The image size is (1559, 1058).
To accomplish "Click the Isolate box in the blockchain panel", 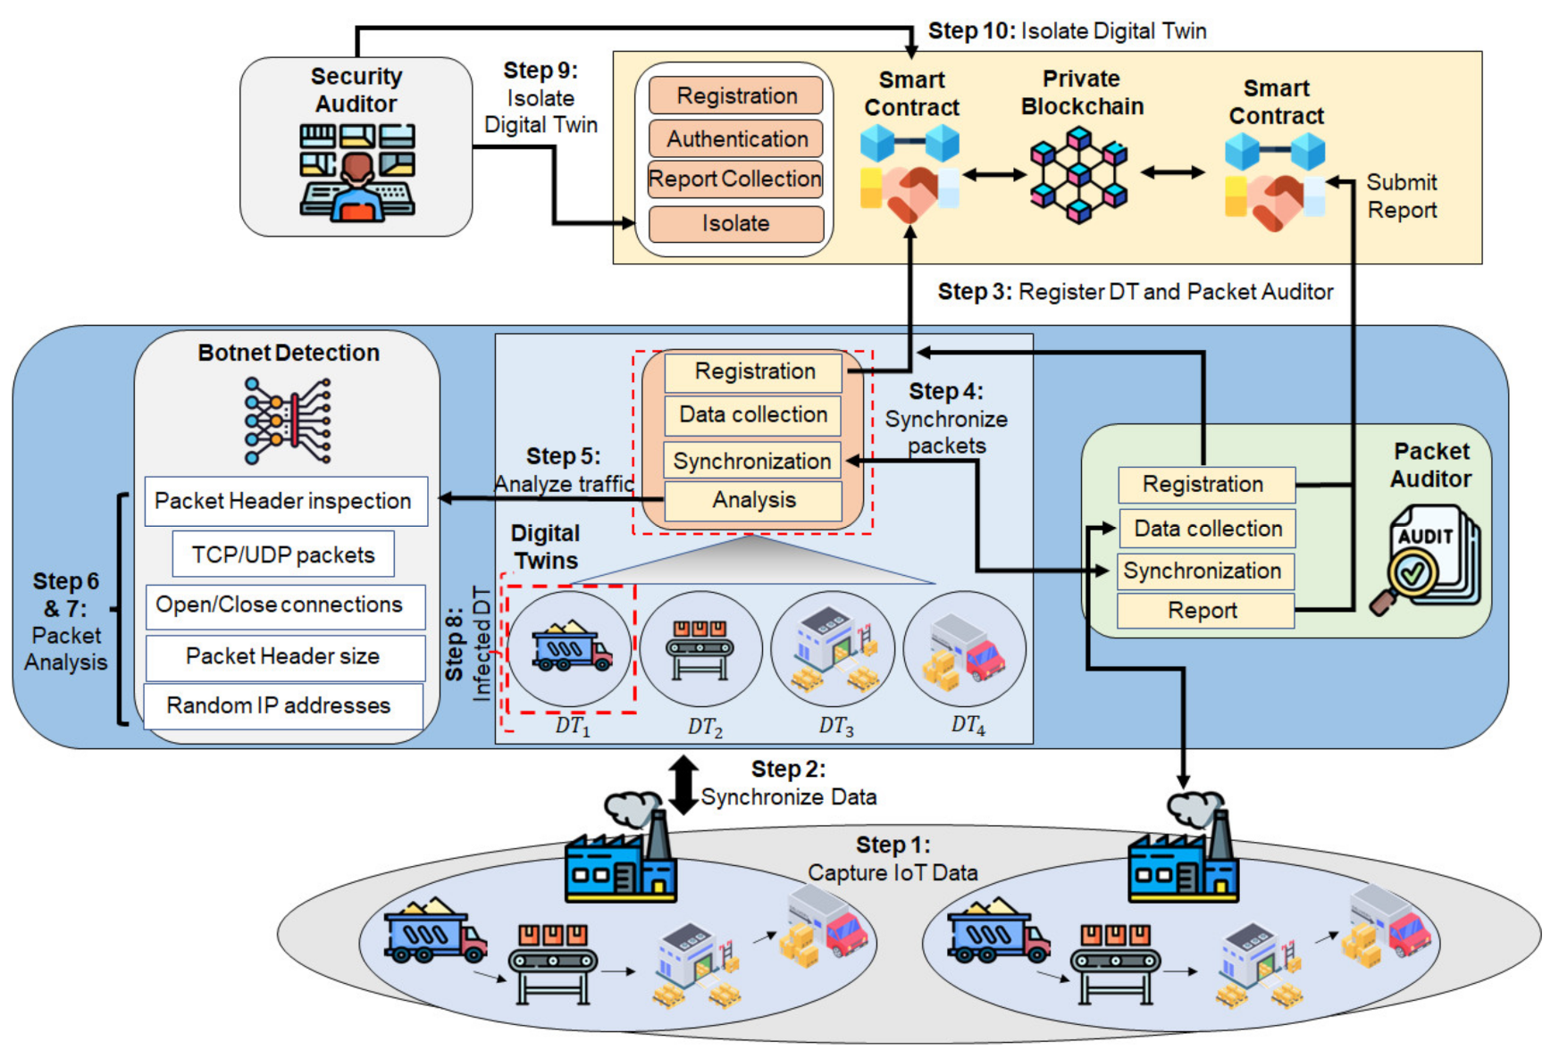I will point(735,223).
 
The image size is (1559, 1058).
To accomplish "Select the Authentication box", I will point(736,139).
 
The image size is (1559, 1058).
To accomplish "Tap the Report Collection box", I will point(734,179).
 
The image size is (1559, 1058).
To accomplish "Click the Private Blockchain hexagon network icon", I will point(1079,174).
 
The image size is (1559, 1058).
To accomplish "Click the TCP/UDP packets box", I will point(283,554).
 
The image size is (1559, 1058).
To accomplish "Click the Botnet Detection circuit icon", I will point(288,421).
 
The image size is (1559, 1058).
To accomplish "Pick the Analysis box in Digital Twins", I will point(753,500).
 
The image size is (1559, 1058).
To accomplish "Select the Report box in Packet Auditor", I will point(1204,611).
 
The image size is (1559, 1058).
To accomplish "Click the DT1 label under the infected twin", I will point(573,725).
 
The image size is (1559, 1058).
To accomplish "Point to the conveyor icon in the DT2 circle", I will point(701,649).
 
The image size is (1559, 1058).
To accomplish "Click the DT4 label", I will point(968,725).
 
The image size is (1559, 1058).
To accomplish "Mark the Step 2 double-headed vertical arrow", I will point(683,785).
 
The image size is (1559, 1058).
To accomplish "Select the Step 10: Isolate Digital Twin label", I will point(1067,31).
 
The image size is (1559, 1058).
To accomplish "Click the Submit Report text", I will point(1402,196).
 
